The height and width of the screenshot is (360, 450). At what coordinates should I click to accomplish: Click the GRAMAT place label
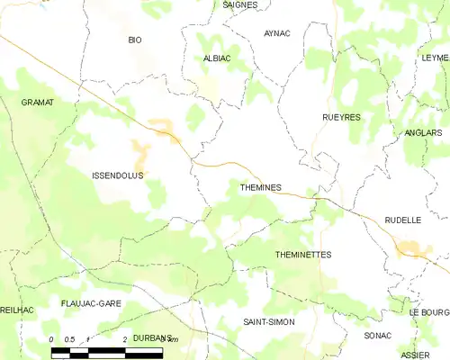pyautogui.click(x=38, y=103)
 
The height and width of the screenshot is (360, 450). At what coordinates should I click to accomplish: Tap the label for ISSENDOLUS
pyautogui.click(x=118, y=175)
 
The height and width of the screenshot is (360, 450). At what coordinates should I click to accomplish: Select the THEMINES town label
pyautogui.click(x=261, y=187)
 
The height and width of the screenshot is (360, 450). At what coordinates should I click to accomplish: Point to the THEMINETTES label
pyautogui.click(x=302, y=255)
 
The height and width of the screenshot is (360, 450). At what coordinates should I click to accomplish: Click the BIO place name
pyautogui.click(x=135, y=40)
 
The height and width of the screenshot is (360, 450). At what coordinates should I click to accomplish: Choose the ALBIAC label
pyautogui.click(x=217, y=58)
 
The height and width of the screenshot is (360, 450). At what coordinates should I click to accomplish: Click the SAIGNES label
pyautogui.click(x=239, y=4)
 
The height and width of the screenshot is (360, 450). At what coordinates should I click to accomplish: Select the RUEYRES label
pyautogui.click(x=341, y=117)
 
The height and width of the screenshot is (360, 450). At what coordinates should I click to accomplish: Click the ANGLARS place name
pyautogui.click(x=424, y=132)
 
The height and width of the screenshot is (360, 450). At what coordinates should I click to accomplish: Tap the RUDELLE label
pyautogui.click(x=402, y=220)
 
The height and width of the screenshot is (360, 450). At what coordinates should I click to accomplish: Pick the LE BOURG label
pyautogui.click(x=428, y=311)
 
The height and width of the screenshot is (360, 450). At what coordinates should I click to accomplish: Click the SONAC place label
pyautogui.click(x=378, y=335)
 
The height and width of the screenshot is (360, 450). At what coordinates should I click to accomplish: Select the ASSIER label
pyautogui.click(x=416, y=355)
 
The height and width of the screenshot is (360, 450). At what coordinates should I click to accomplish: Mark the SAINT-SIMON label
pyautogui.click(x=269, y=321)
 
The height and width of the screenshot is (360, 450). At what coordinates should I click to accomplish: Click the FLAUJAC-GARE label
pyautogui.click(x=92, y=304)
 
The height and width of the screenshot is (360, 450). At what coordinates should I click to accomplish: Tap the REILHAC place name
pyautogui.click(x=16, y=310)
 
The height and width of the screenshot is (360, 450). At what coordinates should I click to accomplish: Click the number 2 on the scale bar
pyautogui.click(x=123, y=338)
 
